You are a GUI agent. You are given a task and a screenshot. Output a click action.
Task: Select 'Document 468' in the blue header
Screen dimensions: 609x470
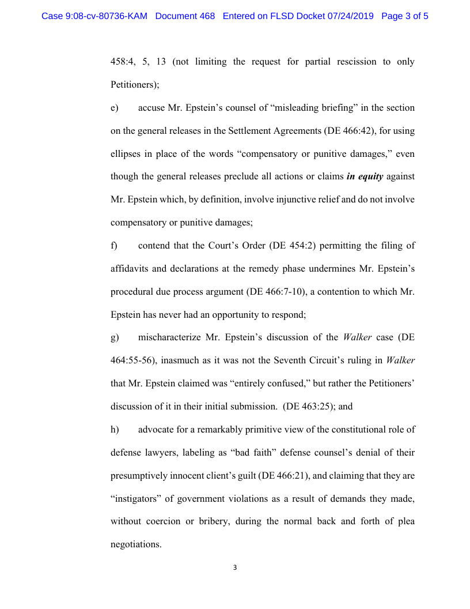coord(185,16)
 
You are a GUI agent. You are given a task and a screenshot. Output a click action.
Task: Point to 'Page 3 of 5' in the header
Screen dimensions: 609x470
coord(405,16)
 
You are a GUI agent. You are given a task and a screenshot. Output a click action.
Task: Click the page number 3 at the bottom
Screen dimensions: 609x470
coord(235,567)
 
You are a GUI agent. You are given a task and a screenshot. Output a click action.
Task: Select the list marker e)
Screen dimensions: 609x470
coord(114,108)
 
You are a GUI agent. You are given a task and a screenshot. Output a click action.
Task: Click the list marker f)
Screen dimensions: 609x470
coord(114,246)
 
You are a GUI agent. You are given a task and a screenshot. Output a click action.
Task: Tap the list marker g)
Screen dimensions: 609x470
coord(114,337)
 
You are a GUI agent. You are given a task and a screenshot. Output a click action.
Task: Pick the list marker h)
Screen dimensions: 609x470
coord(114,430)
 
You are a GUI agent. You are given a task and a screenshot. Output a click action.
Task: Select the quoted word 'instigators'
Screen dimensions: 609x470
coord(135,499)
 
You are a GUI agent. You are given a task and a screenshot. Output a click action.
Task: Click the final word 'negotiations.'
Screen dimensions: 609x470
coord(135,544)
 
